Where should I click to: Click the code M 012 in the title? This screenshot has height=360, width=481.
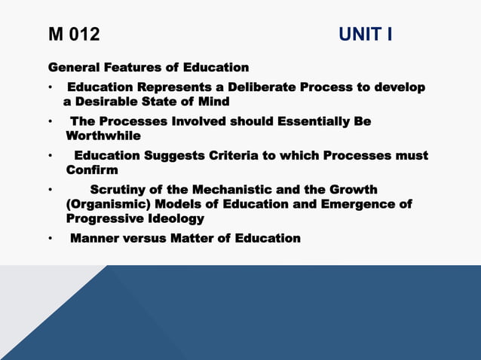[x=74, y=35]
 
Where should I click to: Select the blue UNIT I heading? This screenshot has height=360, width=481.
[x=365, y=35]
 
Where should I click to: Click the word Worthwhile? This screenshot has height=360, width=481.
[x=103, y=136]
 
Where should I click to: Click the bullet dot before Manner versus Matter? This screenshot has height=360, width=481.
[x=51, y=239]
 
